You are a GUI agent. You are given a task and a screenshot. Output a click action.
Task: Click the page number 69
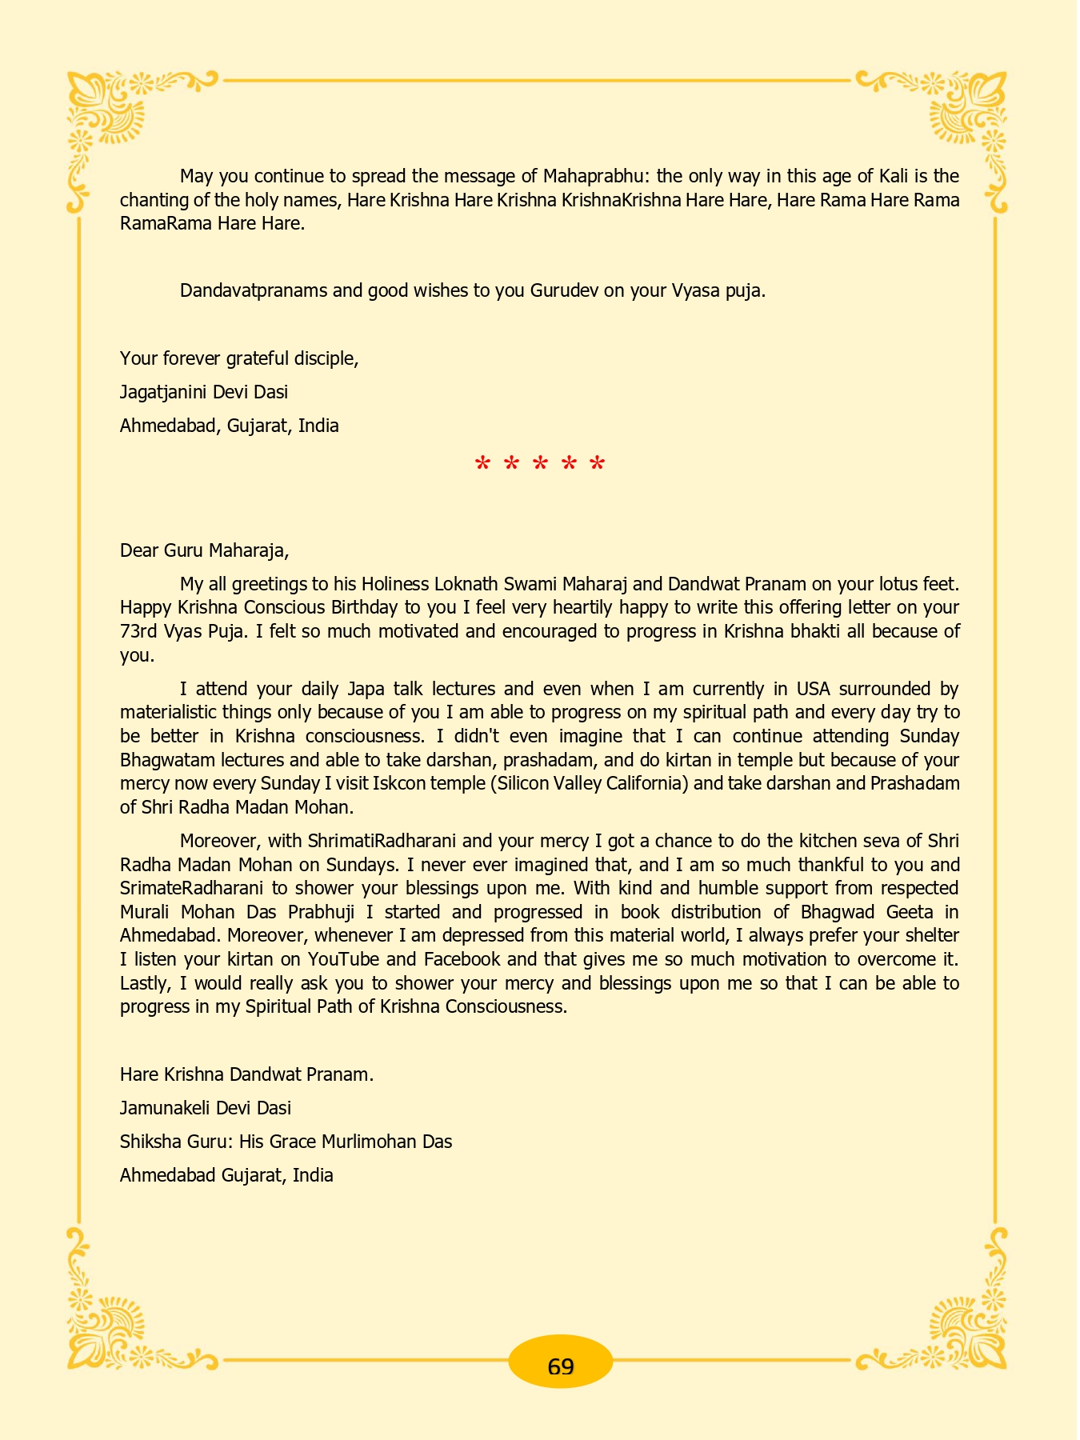561,1366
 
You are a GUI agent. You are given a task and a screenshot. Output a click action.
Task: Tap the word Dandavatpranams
254,290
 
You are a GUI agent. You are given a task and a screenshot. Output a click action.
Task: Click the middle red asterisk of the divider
540,464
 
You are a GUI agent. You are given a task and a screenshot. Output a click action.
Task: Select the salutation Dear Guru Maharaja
204,550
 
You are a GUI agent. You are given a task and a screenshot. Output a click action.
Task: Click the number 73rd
138,631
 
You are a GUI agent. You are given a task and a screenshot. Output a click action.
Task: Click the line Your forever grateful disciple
239,358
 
